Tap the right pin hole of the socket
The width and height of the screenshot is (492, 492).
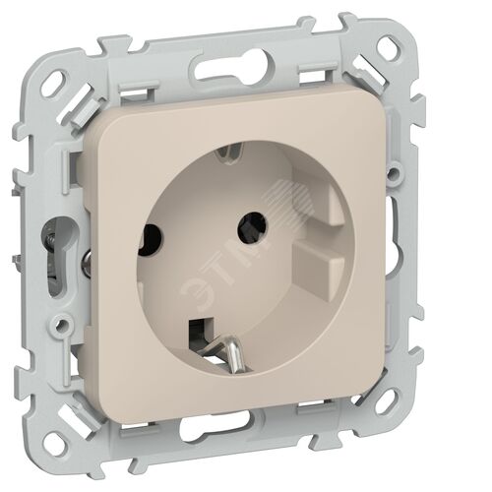[252, 227]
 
